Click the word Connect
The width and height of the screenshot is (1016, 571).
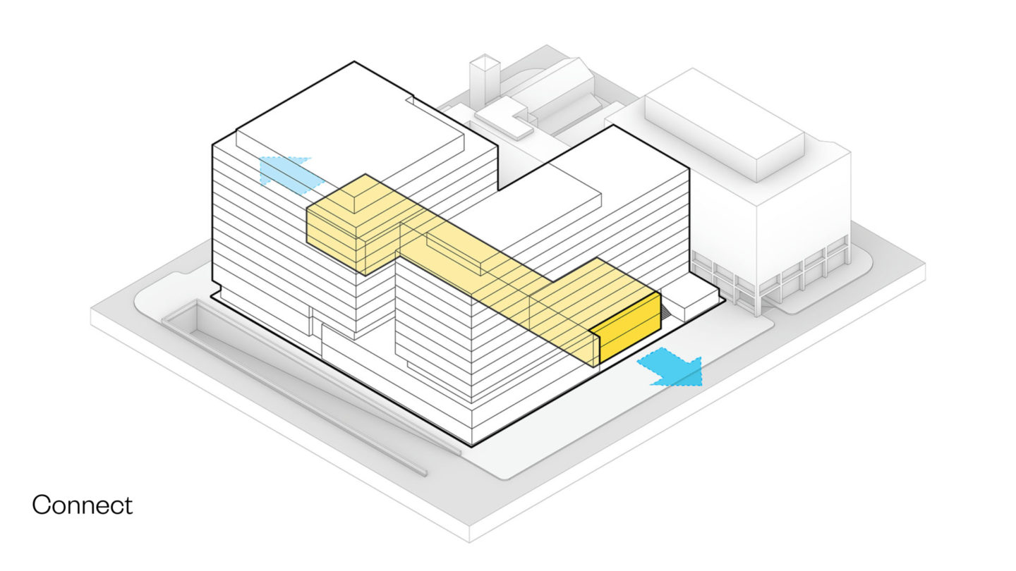(82, 505)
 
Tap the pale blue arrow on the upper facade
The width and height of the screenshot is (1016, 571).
(290, 175)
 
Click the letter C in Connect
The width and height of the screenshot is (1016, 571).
(41, 505)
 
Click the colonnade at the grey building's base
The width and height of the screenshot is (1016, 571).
(771, 276)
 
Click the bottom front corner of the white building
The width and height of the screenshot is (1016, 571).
(472, 446)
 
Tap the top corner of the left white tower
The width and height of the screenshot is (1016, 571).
(354, 61)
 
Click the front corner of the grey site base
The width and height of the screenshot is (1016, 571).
(469, 541)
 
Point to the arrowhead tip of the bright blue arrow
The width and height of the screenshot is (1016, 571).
(701, 385)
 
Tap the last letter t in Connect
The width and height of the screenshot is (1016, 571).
(128, 505)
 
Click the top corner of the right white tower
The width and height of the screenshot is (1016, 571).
(614, 125)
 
